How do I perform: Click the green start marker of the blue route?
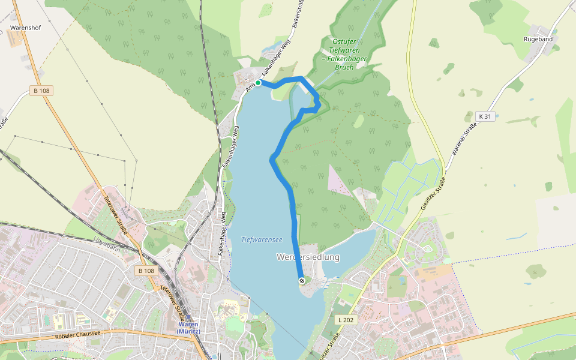[x=258, y=83]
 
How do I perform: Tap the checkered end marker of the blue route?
[x=301, y=281]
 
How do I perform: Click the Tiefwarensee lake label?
[x=262, y=239]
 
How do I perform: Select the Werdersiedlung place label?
[x=308, y=257]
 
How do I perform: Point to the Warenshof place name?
[x=25, y=28]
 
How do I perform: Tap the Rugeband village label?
[x=538, y=39]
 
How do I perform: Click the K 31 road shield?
[x=486, y=116]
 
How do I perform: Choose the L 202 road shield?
[x=346, y=320]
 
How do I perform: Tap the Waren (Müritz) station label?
[x=188, y=328]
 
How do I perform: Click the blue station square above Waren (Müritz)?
[x=188, y=318]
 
